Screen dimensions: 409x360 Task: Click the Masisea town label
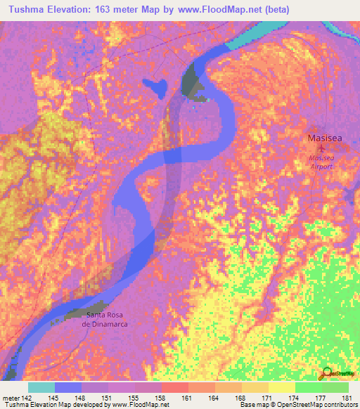pyautogui.click(x=325, y=138)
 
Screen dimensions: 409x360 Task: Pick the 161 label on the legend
pyautogui.click(x=188, y=398)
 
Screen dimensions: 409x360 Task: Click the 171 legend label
pyautogui.click(x=268, y=398)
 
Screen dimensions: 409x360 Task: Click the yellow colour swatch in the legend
pyautogui.click(x=281, y=387)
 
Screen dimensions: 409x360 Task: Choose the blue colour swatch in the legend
pyautogui.click(x=68, y=387)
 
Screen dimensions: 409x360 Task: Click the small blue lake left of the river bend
pyautogui.click(x=155, y=87)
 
